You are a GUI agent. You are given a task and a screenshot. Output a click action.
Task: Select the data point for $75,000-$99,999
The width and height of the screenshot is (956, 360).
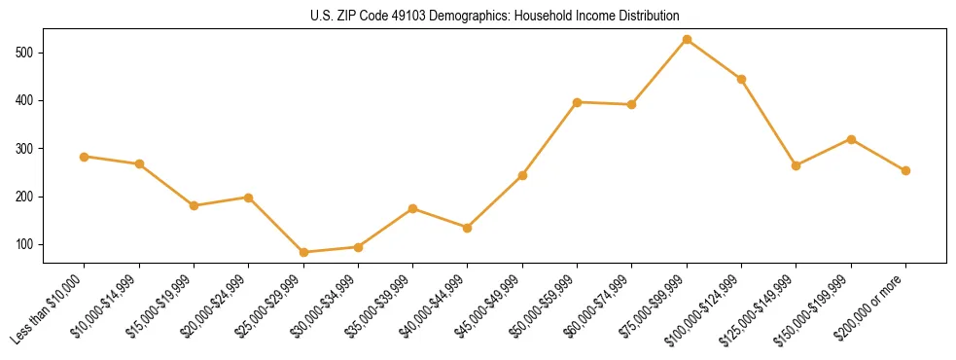pos(687,40)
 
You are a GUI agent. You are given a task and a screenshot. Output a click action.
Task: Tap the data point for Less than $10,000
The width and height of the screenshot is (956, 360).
pos(85,157)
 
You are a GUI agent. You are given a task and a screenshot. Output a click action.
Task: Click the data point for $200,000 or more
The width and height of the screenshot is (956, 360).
pos(905,170)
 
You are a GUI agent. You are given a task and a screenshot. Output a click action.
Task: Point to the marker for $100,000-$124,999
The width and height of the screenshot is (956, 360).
pos(741,79)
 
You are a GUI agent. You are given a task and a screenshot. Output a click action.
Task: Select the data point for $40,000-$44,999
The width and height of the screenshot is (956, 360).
pos(468,228)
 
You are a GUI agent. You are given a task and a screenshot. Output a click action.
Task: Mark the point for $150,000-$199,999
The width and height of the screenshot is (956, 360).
pos(851,139)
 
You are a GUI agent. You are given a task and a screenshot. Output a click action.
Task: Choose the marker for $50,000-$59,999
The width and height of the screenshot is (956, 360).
pos(577,102)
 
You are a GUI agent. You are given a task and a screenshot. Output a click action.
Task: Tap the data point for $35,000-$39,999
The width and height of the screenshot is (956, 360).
pos(413,208)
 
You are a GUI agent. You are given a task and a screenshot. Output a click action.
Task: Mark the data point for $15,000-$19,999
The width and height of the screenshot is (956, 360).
pos(194,205)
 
